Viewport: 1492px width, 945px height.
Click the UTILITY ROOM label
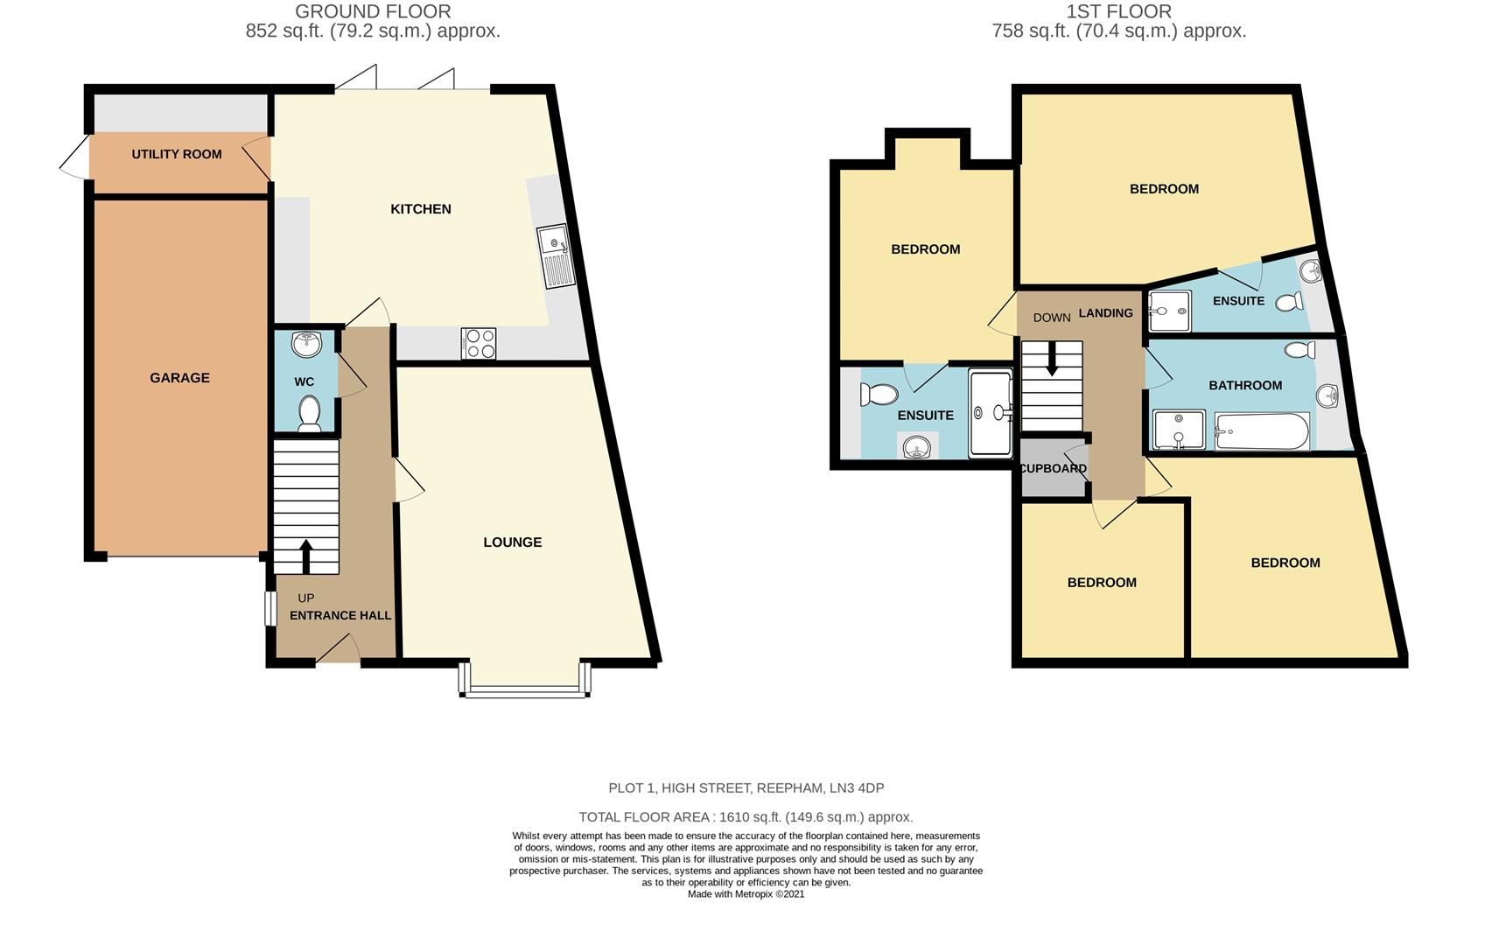[177, 154]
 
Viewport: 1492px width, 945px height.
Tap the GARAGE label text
[179, 378]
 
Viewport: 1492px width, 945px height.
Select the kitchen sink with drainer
[555, 255]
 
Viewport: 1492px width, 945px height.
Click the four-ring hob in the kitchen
[479, 343]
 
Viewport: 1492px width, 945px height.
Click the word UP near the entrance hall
[305, 598]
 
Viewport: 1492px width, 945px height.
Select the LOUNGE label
[513, 542]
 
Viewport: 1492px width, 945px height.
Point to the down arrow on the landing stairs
[1052, 359]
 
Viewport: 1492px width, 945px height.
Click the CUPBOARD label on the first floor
[1053, 469]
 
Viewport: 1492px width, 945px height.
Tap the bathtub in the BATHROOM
[1262, 431]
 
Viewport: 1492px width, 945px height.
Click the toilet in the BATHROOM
[1300, 351]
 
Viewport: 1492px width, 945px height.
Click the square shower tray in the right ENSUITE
[1169, 311]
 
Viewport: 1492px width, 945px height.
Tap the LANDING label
[1105, 313]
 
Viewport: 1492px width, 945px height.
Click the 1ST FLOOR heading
[1118, 11]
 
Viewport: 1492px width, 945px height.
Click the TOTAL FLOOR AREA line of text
[746, 817]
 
